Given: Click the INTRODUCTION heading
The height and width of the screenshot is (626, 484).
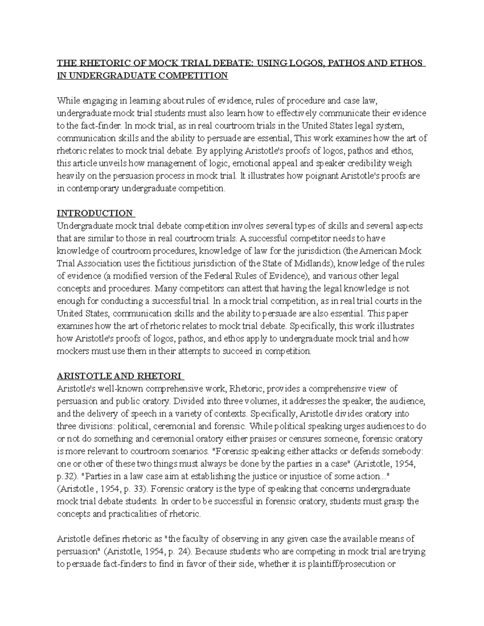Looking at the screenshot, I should coord(95,213).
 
